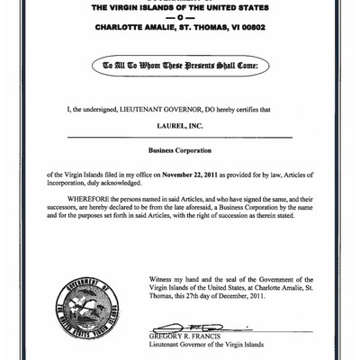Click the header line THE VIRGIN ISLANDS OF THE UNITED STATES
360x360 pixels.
click(x=180, y=8)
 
